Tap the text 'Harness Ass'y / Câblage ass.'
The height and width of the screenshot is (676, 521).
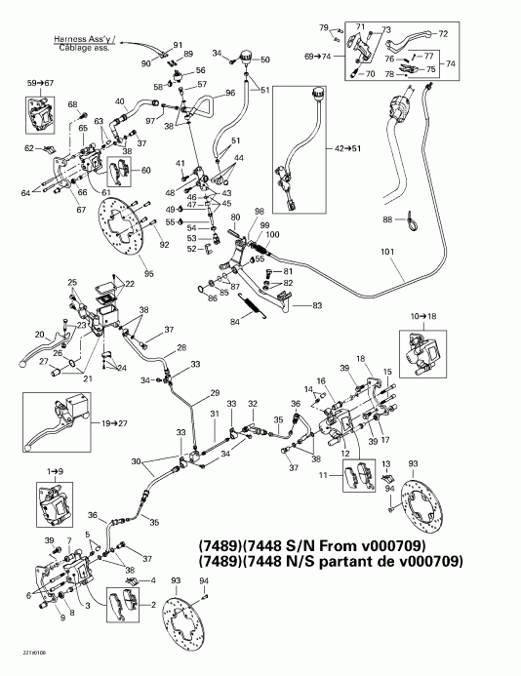click(x=88, y=42)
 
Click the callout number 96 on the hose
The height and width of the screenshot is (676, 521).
click(x=230, y=94)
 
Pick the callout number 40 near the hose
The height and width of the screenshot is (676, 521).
click(x=120, y=102)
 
